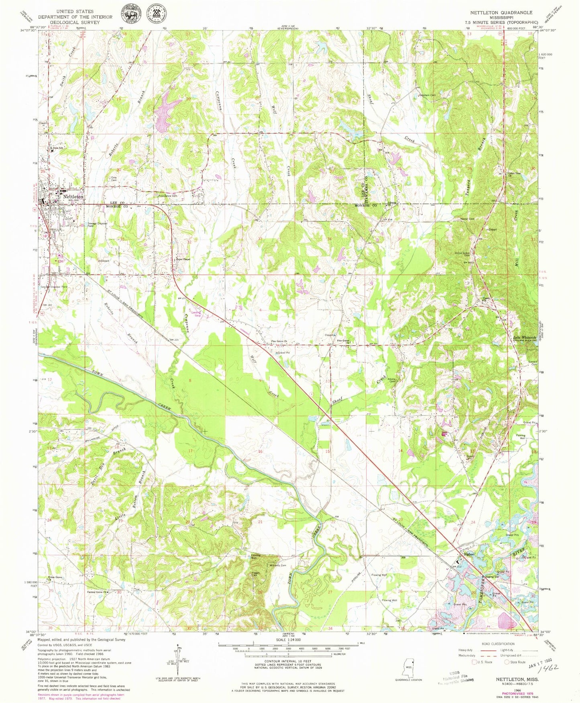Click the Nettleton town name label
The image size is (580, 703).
coord(73,197)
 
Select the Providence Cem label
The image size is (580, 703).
coord(167,196)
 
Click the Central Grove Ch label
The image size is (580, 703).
coord(97,592)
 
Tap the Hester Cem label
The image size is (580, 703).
coord(467,219)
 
